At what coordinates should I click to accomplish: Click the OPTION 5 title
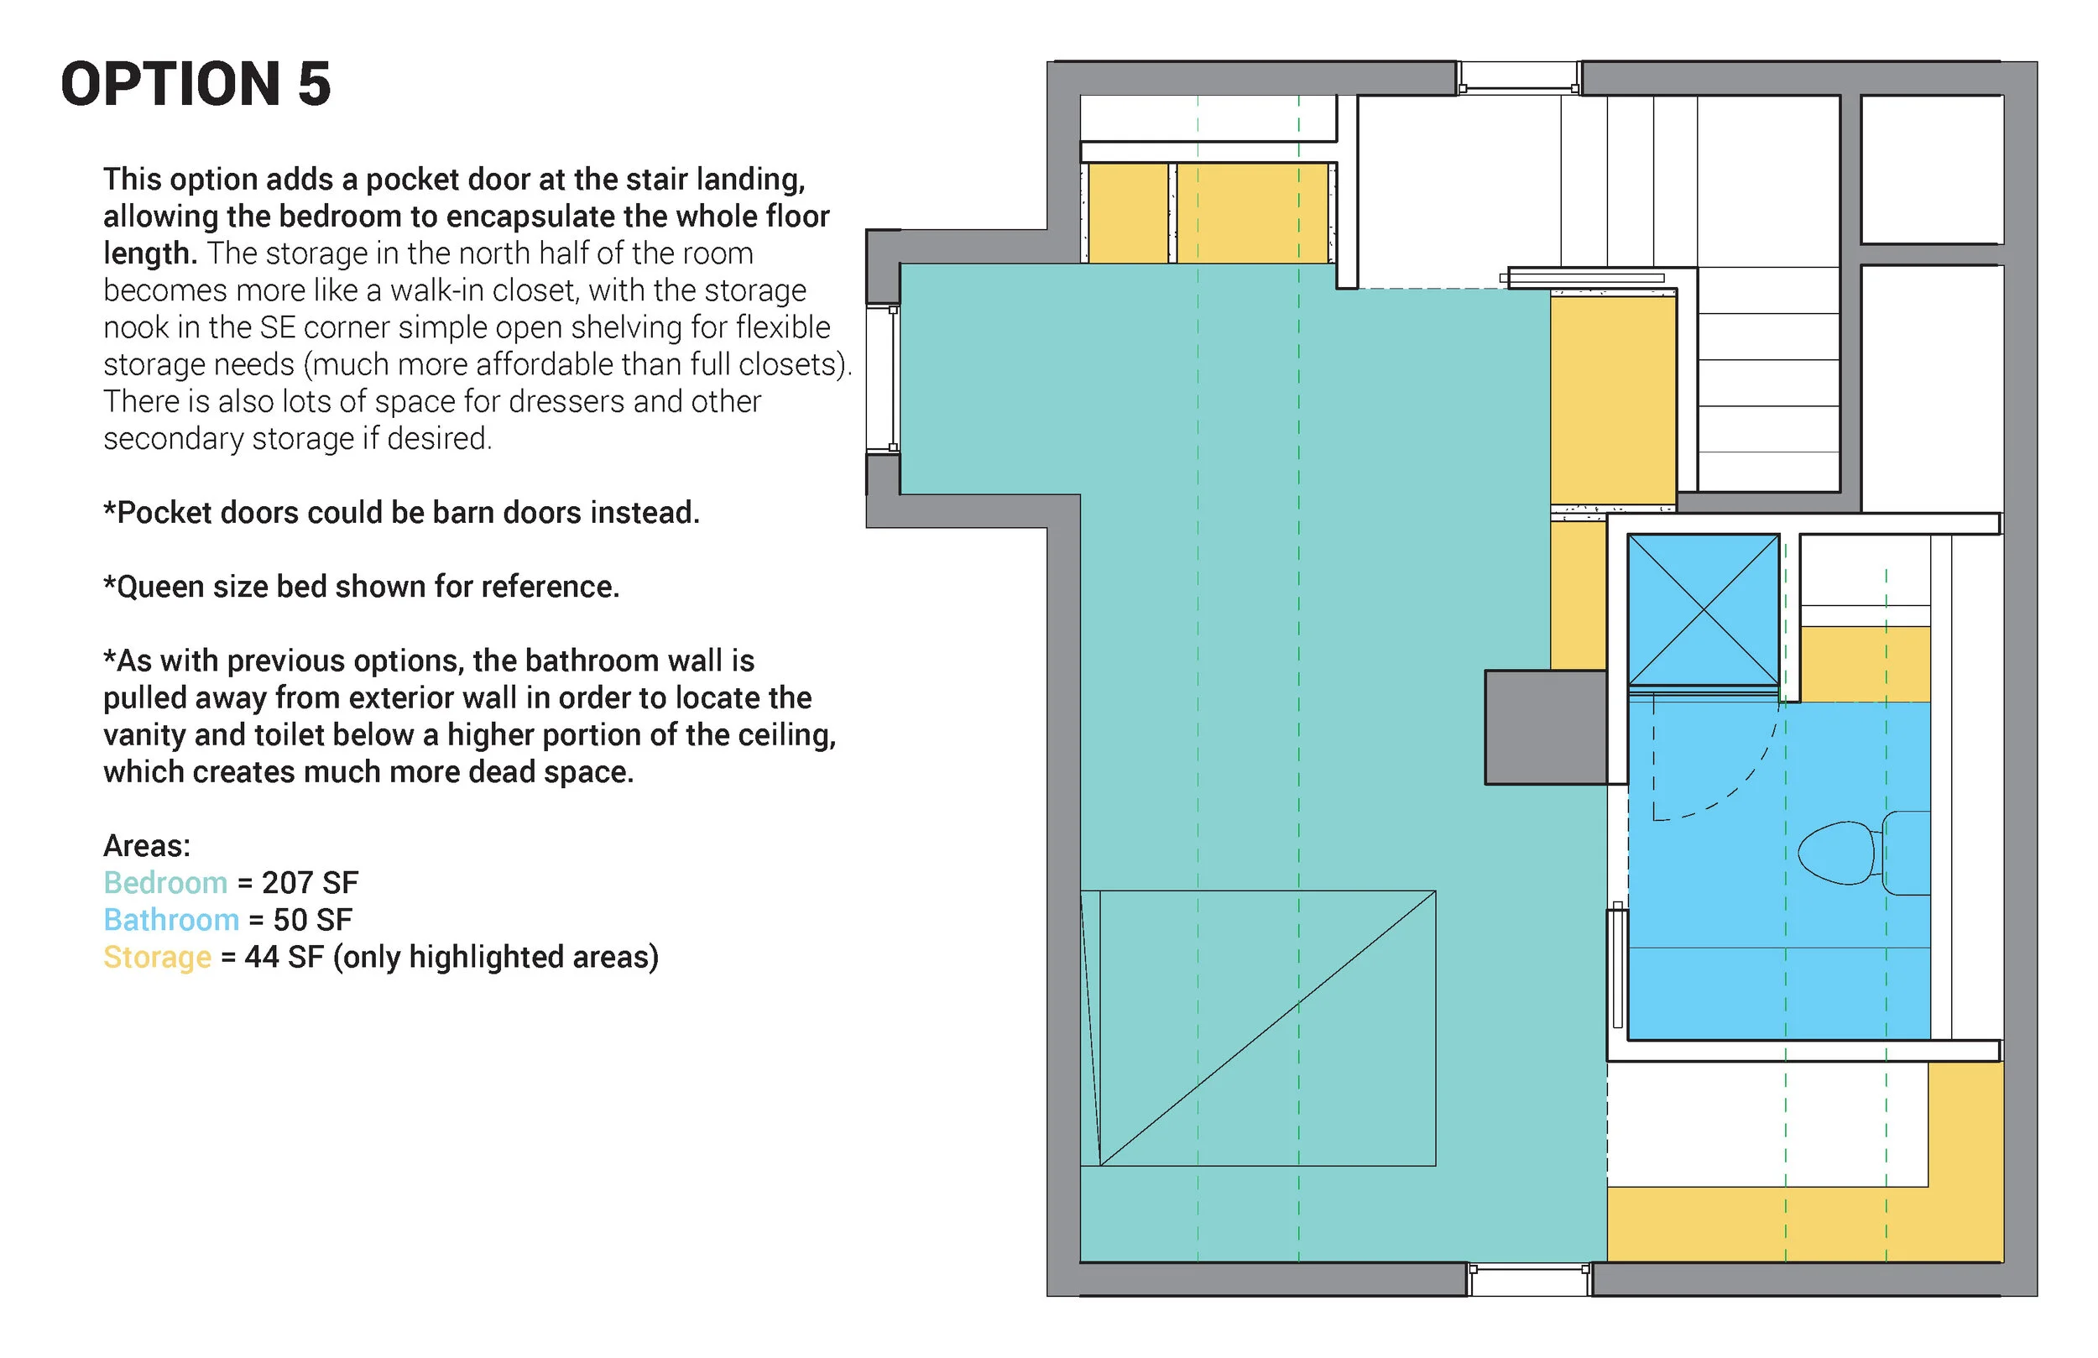coord(196,85)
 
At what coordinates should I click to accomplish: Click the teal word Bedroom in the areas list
coord(164,883)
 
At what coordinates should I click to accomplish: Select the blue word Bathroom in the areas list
coord(171,920)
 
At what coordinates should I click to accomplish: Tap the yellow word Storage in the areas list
coord(157,957)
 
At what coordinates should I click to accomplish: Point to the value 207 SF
coord(310,883)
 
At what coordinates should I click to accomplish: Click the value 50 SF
coord(312,920)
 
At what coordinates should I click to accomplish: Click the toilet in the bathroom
coord(1860,853)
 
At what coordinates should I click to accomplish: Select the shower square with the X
coord(1703,609)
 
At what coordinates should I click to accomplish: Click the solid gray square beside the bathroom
coord(1545,728)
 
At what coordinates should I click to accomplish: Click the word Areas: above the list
coord(146,846)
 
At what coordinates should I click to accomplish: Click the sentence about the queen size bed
coord(362,587)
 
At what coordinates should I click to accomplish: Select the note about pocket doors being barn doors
coord(401,512)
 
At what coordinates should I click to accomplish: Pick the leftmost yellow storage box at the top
coord(1127,212)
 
